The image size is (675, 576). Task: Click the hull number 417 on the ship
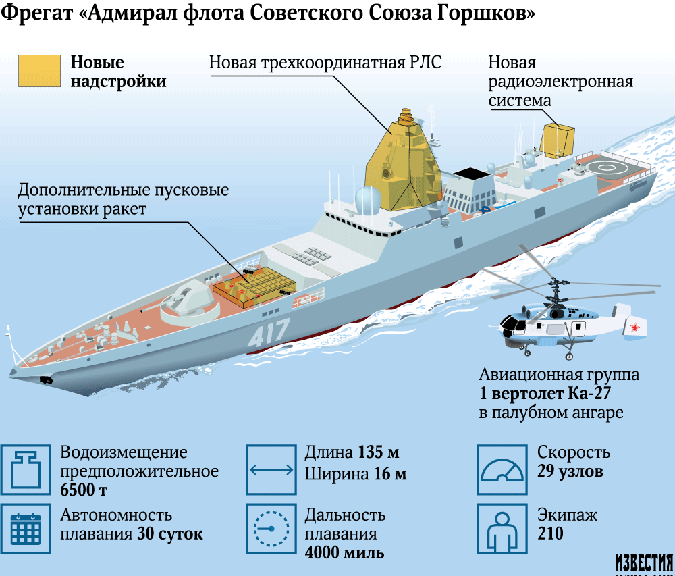(x=269, y=332)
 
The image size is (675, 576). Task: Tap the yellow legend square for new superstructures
(x=39, y=71)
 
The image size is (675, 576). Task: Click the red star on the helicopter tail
(x=634, y=328)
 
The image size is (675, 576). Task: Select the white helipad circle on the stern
(x=606, y=168)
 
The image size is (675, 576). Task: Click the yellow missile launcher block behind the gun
(x=254, y=286)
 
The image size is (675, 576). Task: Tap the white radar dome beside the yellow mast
(x=368, y=200)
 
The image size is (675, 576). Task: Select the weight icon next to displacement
(x=26, y=470)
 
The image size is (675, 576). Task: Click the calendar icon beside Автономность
(x=26, y=529)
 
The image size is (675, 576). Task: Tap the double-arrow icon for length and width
(x=271, y=470)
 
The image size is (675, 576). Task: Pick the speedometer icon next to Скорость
(x=502, y=470)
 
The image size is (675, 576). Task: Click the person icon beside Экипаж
(x=502, y=529)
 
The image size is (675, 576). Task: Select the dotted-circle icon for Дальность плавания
(x=271, y=529)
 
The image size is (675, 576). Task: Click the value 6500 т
(x=84, y=490)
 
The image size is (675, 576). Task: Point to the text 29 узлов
(x=570, y=471)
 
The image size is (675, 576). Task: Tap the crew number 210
(x=550, y=533)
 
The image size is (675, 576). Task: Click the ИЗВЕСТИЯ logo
(x=644, y=562)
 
